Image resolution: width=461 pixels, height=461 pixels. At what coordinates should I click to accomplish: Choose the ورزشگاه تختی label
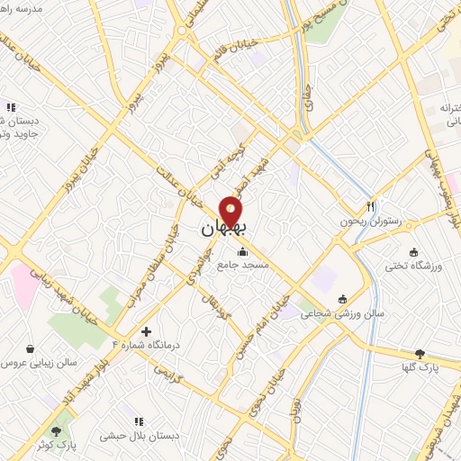tap(411, 267)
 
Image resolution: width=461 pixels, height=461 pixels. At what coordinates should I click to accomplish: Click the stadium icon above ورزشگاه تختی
tap(413, 252)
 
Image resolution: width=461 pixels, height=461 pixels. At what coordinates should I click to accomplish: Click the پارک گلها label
tap(420, 367)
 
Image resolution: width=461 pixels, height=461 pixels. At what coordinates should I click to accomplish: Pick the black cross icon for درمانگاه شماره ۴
tap(146, 331)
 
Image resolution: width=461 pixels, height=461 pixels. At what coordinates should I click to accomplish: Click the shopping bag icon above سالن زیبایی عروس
tap(31, 348)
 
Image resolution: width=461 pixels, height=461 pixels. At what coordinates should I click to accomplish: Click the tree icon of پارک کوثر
tap(60, 431)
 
